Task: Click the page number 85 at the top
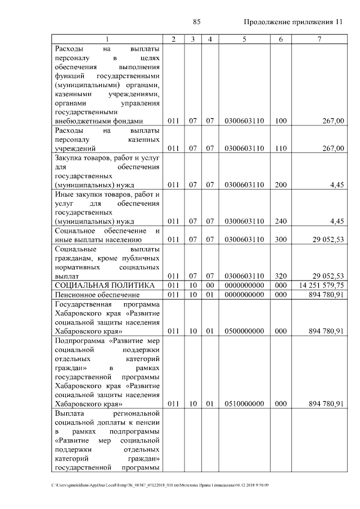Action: tap(197, 22)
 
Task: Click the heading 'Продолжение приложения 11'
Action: tap(293, 22)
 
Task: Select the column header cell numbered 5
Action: tap(244, 39)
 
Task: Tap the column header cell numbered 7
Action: tap(319, 39)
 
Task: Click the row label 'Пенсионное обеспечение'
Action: tap(97, 294)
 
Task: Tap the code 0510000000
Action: tap(244, 403)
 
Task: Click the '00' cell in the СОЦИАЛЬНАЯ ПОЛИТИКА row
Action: tap(209, 285)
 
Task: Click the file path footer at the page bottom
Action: tap(160, 485)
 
